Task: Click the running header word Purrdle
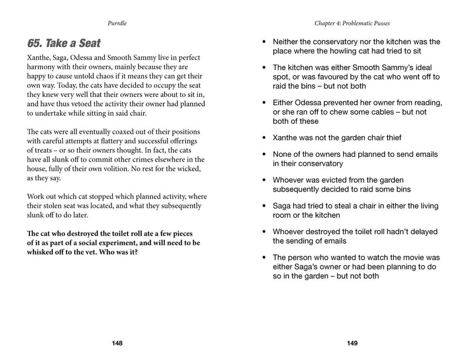click(117, 23)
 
